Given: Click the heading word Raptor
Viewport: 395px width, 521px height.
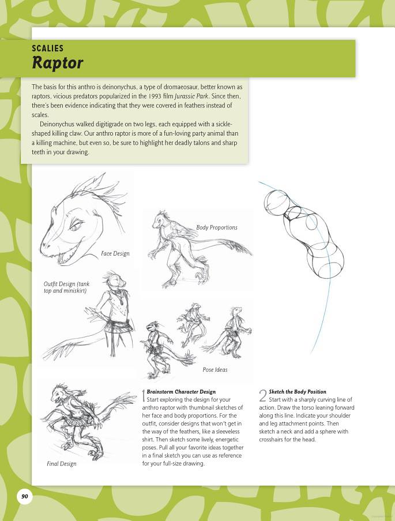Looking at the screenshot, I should [58, 62].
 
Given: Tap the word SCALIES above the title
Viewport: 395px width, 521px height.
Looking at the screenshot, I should [47, 48].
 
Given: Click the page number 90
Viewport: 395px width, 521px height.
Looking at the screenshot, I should [24, 496].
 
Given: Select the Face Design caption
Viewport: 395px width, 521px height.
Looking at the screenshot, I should [115, 253].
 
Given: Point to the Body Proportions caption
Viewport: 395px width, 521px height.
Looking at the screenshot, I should [216, 227].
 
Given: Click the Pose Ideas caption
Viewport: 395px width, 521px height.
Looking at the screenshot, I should [215, 370].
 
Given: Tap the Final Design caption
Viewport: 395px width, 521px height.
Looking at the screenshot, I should [61, 463].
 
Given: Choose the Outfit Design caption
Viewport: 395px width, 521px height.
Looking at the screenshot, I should [65, 287].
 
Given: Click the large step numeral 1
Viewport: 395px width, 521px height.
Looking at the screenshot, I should [144, 396].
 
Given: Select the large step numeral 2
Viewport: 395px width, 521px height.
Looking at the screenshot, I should [262, 396].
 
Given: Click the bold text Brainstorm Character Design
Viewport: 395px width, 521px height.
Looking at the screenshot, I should [181, 392].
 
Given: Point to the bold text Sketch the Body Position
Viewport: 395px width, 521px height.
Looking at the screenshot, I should [297, 392].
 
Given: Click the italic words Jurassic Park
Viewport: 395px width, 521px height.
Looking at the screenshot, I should [191, 95].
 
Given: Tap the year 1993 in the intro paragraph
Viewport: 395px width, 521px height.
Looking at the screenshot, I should [152, 95].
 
